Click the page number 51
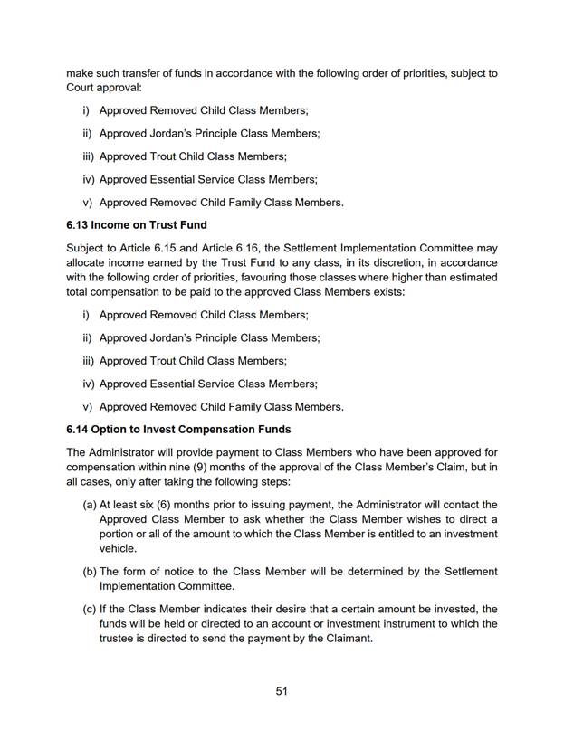tap(282, 691)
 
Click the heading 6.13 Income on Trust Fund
tap(136, 224)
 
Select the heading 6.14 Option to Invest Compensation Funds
tap(178, 428)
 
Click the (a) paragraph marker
tap(90, 504)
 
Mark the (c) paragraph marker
tap(90, 608)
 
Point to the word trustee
tap(119, 639)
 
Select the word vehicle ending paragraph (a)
tap(118, 548)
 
